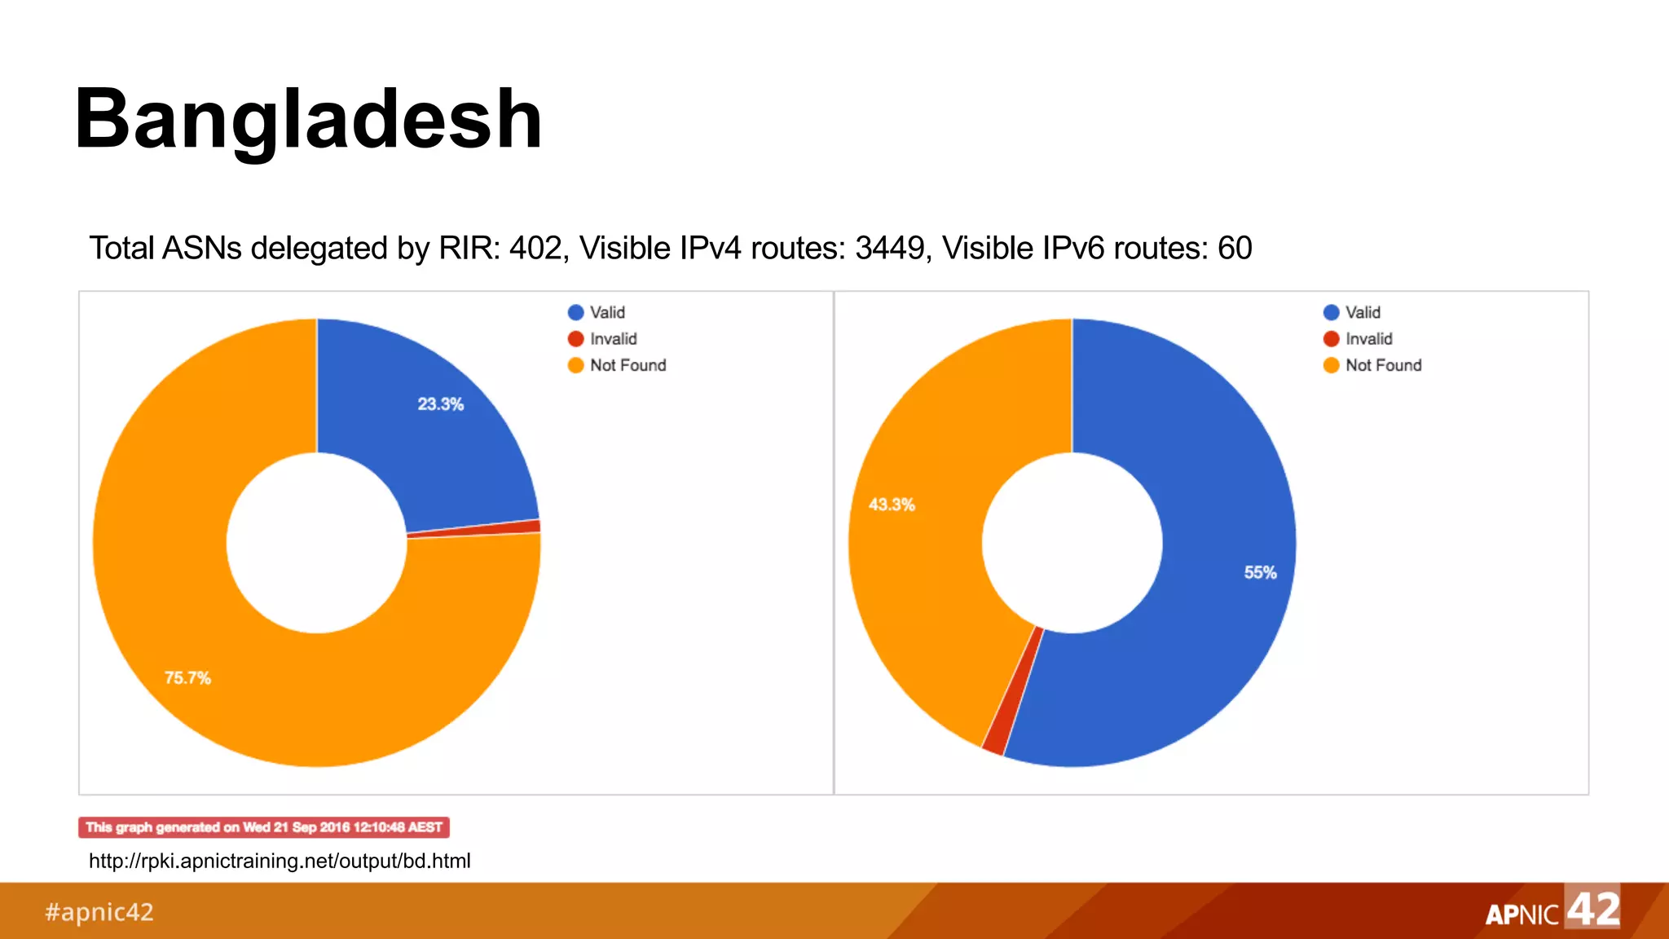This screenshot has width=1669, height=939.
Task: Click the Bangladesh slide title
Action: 308,120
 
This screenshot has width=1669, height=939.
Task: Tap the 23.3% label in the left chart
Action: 440,404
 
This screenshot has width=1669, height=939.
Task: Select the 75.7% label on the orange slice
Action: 187,678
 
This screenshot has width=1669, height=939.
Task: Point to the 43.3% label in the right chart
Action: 892,505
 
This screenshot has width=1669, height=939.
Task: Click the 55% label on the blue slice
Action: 1260,573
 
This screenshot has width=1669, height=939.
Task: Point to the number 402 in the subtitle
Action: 535,249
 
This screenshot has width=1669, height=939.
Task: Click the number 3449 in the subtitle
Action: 889,249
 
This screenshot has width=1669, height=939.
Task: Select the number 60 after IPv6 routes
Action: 1235,249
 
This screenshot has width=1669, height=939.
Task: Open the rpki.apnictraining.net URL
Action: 280,861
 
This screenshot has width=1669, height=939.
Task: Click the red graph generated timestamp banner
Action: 264,827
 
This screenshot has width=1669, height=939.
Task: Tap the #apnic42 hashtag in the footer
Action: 99,912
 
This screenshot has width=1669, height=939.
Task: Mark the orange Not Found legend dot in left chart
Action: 576,365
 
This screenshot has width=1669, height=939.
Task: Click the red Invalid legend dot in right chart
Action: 1332,339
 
